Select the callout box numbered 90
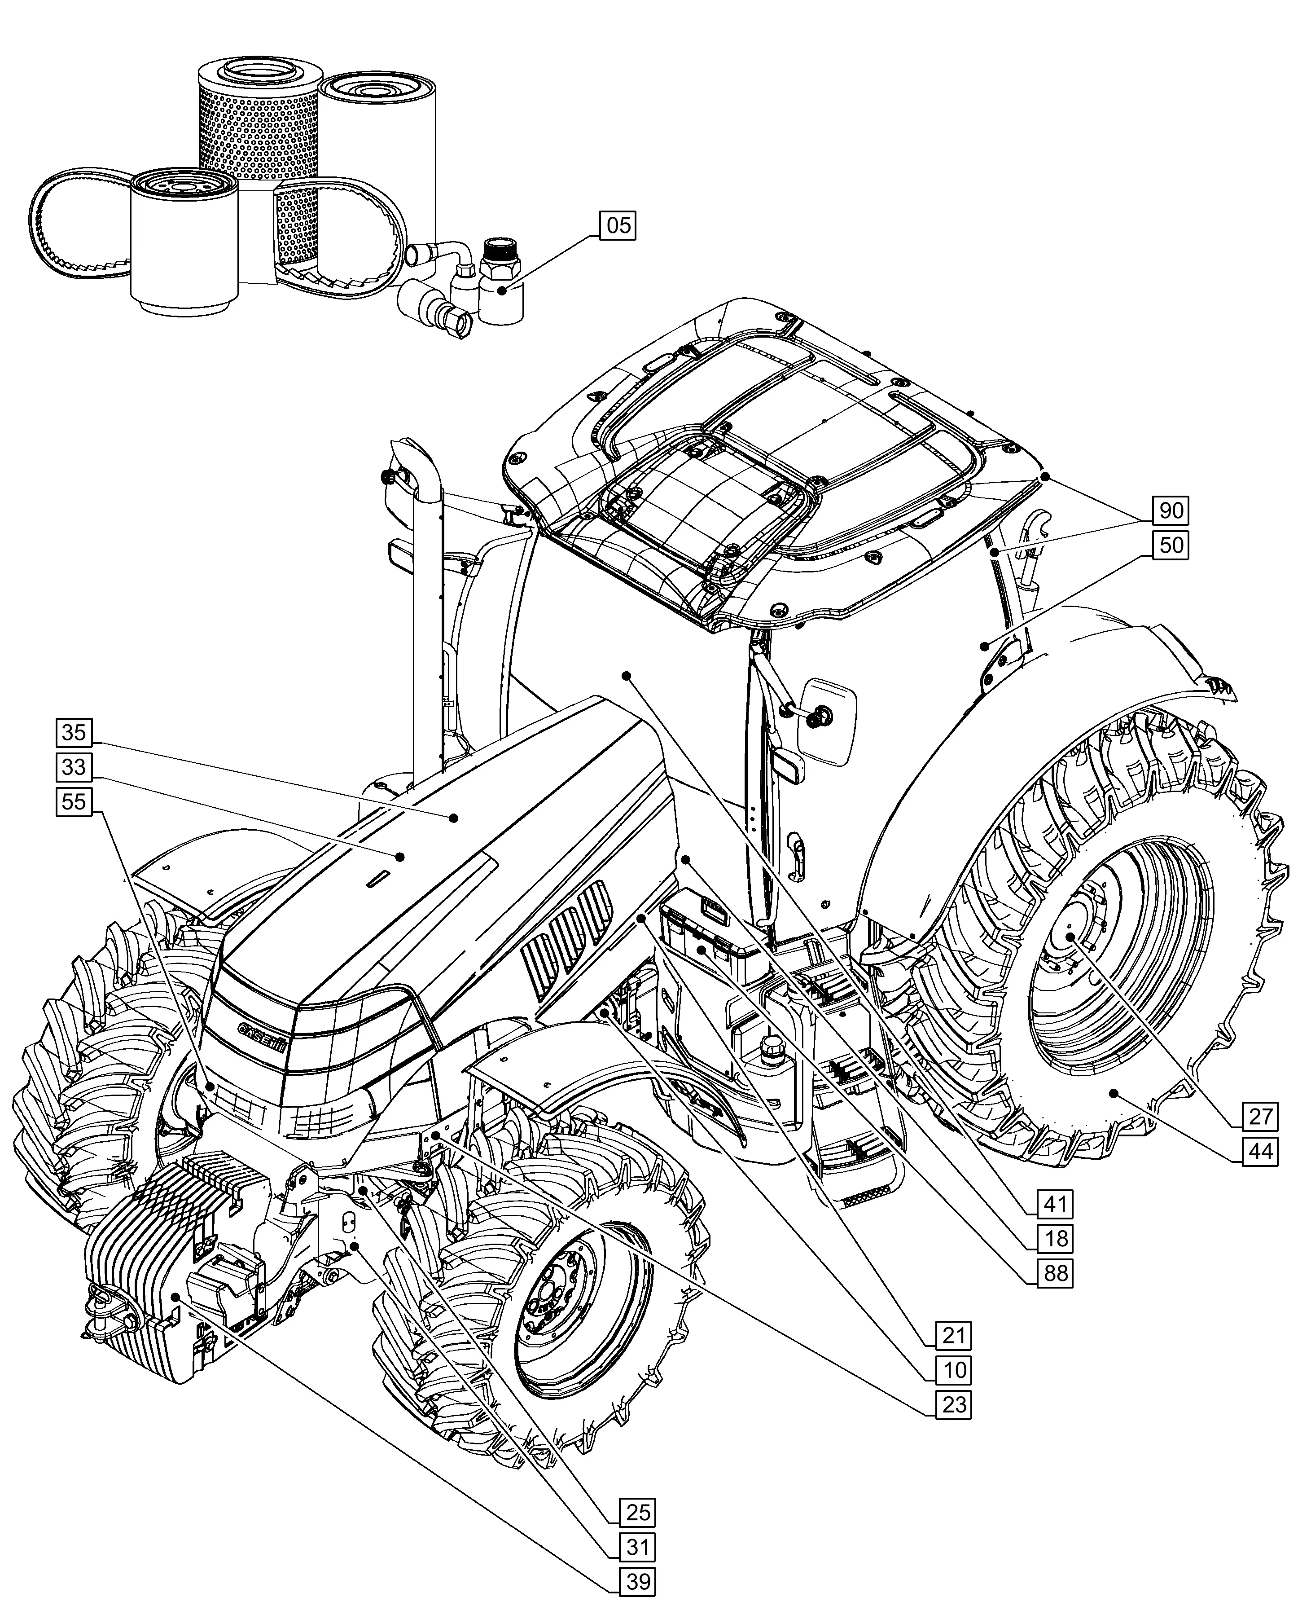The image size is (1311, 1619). (1170, 510)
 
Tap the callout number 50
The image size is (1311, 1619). (1170, 546)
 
